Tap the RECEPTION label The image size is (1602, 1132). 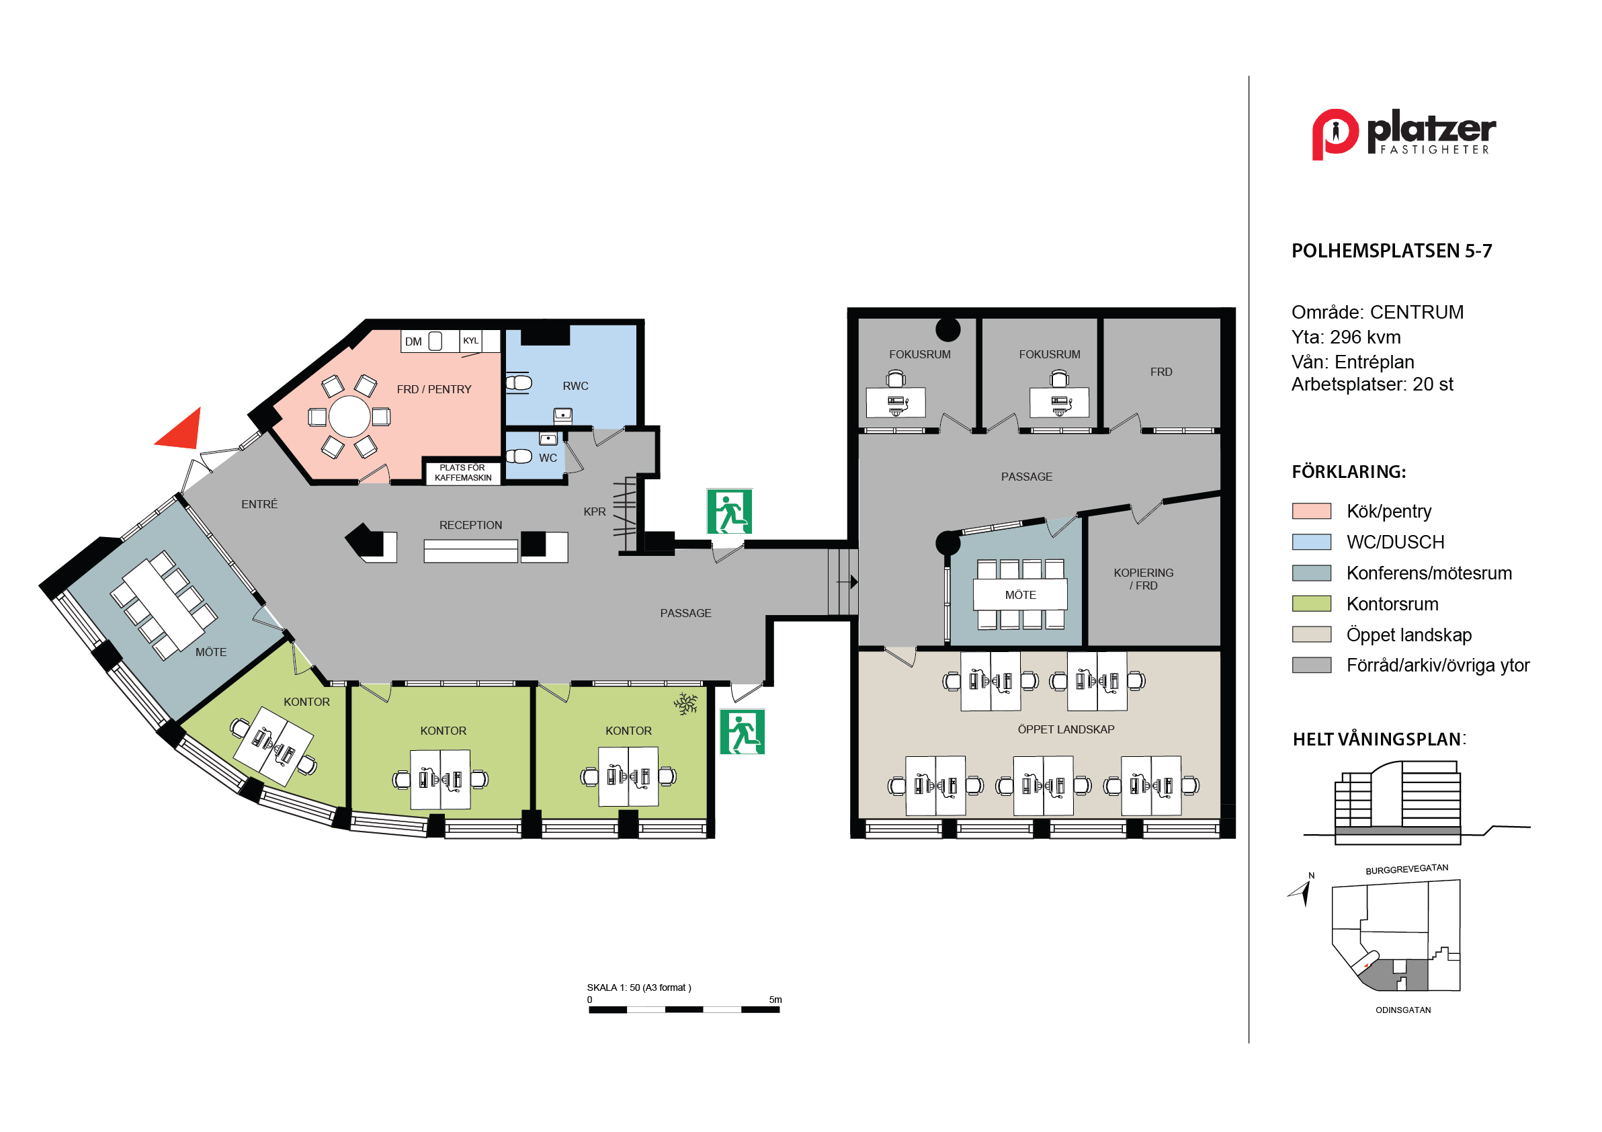[x=471, y=526]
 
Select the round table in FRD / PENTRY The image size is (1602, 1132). [x=349, y=417]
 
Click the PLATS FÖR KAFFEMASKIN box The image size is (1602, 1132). [x=463, y=473]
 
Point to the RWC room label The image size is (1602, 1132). [x=576, y=386]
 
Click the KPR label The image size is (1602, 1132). [x=595, y=512]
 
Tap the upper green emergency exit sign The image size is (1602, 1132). [x=730, y=512]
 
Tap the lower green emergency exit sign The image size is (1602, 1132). [x=743, y=732]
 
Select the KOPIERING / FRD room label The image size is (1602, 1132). [x=1144, y=579]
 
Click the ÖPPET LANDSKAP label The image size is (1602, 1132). [x=1066, y=729]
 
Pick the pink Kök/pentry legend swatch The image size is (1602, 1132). [x=1312, y=511]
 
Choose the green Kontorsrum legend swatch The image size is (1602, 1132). [x=1312, y=604]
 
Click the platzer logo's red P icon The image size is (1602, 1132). [x=1335, y=134]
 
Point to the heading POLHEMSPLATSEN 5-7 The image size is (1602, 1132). [x=1392, y=251]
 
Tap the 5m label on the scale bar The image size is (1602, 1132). [x=775, y=1000]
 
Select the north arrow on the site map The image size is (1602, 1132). [x=1302, y=892]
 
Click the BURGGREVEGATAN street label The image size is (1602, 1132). [x=1406, y=869]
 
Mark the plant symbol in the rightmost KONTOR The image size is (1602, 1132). [x=686, y=704]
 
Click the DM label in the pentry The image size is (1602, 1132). [x=414, y=342]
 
